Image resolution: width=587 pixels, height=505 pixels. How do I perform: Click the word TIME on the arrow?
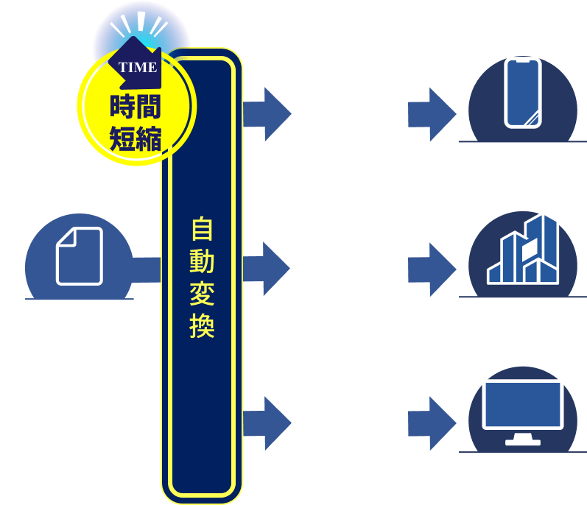[x=137, y=68]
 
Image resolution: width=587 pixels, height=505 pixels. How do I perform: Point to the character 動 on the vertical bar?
[x=201, y=262]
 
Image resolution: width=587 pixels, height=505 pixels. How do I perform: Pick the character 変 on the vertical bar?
[x=201, y=294]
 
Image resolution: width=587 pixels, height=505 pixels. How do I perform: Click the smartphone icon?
[x=522, y=93]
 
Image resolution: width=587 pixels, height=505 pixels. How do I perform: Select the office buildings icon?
[x=522, y=250]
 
